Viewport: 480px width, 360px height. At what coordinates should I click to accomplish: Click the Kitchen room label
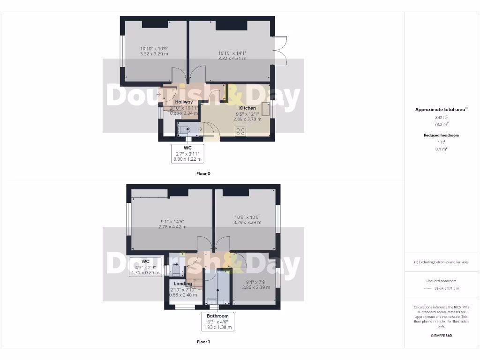[247, 108]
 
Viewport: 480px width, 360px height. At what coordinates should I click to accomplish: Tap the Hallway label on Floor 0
[184, 102]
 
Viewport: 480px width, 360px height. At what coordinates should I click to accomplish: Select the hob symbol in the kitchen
[240, 132]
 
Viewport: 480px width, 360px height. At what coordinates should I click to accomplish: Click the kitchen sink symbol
[266, 109]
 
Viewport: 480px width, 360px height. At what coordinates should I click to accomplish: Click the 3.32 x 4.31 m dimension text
[232, 59]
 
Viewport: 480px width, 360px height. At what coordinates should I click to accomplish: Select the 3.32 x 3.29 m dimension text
[154, 54]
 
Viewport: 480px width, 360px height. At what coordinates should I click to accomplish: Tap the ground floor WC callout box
[187, 153]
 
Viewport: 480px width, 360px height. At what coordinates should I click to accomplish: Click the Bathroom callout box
[217, 322]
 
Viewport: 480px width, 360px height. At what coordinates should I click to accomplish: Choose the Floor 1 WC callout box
[145, 267]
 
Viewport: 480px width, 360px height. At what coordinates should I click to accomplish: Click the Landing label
[183, 284]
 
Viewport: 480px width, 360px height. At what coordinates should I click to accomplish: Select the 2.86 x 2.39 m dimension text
[256, 287]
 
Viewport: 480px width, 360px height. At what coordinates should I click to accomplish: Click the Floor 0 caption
[203, 173]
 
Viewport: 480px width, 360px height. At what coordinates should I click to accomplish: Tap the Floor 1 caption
[203, 342]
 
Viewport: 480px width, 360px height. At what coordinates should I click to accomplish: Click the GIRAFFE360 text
[441, 336]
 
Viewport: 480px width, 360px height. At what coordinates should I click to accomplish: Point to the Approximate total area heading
[441, 109]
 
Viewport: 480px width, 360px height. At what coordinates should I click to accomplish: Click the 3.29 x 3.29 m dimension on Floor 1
[247, 223]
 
